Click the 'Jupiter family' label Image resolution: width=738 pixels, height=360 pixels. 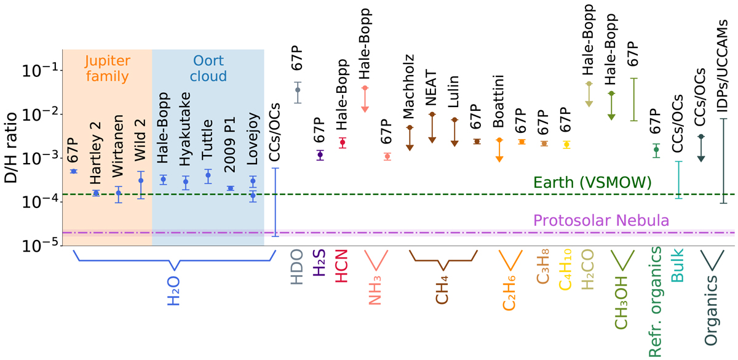point(107,69)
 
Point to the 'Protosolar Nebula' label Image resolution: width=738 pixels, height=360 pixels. point(601,220)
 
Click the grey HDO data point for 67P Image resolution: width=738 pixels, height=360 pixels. point(298,90)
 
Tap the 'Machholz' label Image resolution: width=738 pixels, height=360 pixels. point(409,99)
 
